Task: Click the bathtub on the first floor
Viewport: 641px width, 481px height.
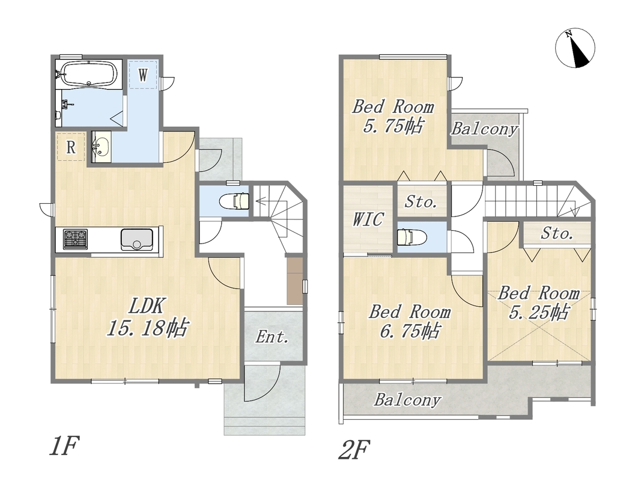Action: [x=89, y=74]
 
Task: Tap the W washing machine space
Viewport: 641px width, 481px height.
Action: [x=142, y=75]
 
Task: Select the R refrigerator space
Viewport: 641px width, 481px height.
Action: [x=71, y=147]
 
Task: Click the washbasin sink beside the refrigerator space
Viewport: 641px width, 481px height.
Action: [x=100, y=147]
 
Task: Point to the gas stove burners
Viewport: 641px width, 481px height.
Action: [x=75, y=239]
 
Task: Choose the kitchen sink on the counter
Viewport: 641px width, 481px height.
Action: [x=137, y=239]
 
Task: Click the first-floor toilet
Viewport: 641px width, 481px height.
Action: [x=234, y=201]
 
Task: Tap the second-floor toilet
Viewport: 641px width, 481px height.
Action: [x=412, y=237]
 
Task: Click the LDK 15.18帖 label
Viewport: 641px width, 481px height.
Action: [x=147, y=317]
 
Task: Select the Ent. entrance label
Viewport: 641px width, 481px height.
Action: [x=272, y=337]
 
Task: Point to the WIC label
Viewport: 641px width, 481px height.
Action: [x=368, y=219]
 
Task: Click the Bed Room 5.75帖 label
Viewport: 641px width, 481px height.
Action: [x=393, y=116]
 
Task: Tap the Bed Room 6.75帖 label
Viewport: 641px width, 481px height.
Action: [x=410, y=322]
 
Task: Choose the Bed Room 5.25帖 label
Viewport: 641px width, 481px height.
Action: [x=539, y=303]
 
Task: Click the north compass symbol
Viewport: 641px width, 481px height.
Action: [x=575, y=48]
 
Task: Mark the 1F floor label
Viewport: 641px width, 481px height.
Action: [x=64, y=446]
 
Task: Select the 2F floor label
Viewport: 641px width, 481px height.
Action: [x=354, y=449]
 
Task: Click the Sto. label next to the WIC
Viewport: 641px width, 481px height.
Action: [x=421, y=201]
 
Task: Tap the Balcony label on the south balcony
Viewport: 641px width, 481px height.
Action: [x=407, y=400]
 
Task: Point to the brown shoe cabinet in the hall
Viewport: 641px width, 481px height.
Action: [x=294, y=281]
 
